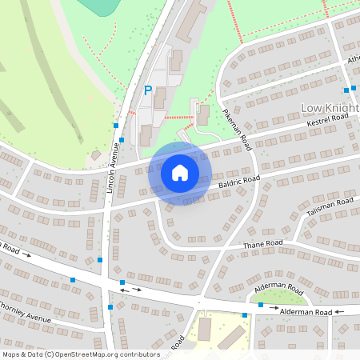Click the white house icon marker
click(180, 173)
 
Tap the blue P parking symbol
click(147, 91)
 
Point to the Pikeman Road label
click(238, 131)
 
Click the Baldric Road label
click(238, 184)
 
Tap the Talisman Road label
click(329, 208)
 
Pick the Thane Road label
click(263, 243)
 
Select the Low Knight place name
click(330, 106)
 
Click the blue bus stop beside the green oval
click(261, 305)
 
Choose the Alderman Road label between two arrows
click(305, 311)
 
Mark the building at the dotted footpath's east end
click(202, 114)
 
